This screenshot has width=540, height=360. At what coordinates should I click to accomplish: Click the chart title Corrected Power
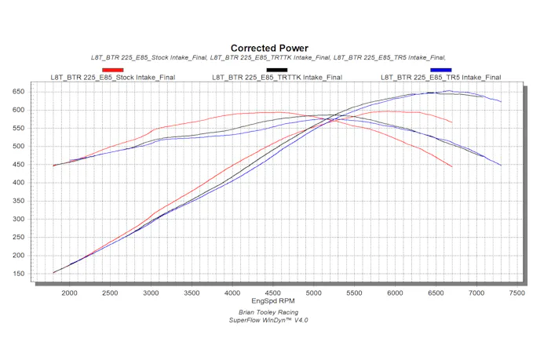[269, 48]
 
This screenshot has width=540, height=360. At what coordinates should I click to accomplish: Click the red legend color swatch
[113, 70]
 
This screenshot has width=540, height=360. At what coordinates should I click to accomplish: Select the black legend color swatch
[277, 70]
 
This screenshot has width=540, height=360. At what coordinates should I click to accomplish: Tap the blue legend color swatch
[440, 70]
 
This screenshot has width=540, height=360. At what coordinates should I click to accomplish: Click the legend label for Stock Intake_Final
[113, 78]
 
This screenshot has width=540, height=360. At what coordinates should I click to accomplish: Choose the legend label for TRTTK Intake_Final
[277, 78]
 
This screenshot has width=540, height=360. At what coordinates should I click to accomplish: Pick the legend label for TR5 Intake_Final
[440, 78]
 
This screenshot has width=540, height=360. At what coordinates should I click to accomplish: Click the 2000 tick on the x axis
[69, 293]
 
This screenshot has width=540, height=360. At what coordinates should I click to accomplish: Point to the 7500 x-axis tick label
[516, 293]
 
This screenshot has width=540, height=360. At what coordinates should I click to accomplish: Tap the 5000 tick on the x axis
[313, 293]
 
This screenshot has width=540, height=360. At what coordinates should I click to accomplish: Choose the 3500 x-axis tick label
[192, 293]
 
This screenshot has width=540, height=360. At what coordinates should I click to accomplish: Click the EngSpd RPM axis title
[269, 301]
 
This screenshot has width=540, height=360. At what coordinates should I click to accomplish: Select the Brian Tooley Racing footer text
[269, 312]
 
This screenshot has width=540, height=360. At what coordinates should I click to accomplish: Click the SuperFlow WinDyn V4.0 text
[269, 320]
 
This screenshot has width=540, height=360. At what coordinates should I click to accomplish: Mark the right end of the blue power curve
[501, 102]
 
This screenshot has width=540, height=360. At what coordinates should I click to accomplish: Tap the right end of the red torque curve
[452, 167]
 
